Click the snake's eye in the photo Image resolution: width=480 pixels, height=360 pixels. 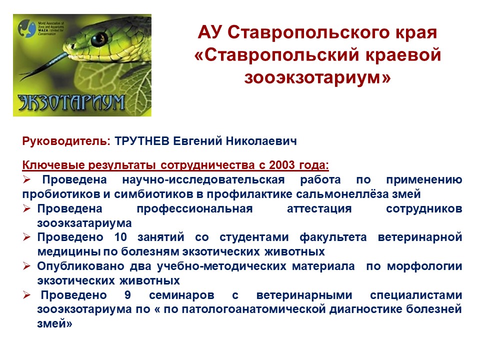99,39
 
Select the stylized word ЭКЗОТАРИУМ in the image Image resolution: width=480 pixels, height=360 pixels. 71,102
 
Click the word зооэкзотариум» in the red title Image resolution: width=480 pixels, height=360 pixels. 317,77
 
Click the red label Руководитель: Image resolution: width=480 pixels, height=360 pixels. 66,141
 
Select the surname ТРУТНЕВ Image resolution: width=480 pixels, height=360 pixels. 142,141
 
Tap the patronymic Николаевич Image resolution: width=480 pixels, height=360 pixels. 261,141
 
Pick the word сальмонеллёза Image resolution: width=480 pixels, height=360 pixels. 348,194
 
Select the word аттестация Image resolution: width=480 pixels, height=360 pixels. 319,208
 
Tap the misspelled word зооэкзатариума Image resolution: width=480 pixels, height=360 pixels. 84,223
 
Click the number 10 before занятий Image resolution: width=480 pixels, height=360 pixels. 120,237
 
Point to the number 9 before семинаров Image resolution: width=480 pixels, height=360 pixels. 127,295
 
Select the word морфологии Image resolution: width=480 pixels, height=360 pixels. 424,266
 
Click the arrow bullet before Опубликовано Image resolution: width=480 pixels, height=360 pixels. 26,266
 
